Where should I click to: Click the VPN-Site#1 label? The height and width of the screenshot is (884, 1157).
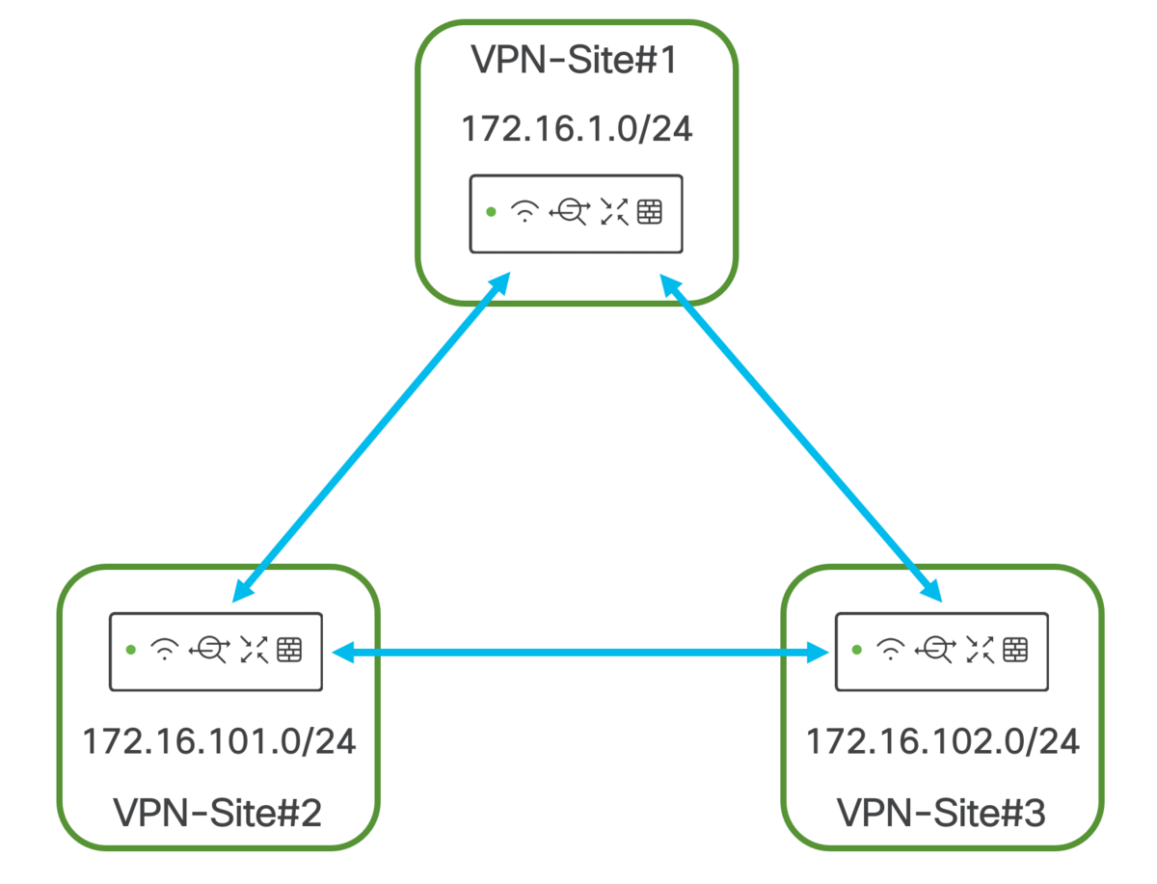click(577, 60)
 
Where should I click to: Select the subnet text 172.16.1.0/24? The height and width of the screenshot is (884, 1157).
click(577, 129)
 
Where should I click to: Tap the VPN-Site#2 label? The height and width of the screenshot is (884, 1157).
click(217, 813)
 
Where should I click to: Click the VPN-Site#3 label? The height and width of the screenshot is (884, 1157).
click(941, 813)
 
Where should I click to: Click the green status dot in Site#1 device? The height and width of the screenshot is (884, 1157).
click(491, 212)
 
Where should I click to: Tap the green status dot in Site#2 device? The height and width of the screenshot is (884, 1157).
click(131, 650)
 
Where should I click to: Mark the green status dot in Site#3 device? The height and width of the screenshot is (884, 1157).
click(856, 650)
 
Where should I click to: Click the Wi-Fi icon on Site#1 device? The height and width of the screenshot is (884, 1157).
click(525, 211)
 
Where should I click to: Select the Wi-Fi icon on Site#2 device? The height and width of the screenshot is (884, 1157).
click(165, 650)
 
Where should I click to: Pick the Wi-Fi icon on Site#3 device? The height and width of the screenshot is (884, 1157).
click(889, 650)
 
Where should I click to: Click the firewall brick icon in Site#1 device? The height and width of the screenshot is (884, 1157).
click(650, 212)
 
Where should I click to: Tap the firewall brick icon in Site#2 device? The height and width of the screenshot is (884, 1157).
click(289, 650)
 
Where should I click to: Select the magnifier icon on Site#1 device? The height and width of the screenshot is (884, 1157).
click(568, 211)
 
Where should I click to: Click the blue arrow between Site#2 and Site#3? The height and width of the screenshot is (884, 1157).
click(578, 654)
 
